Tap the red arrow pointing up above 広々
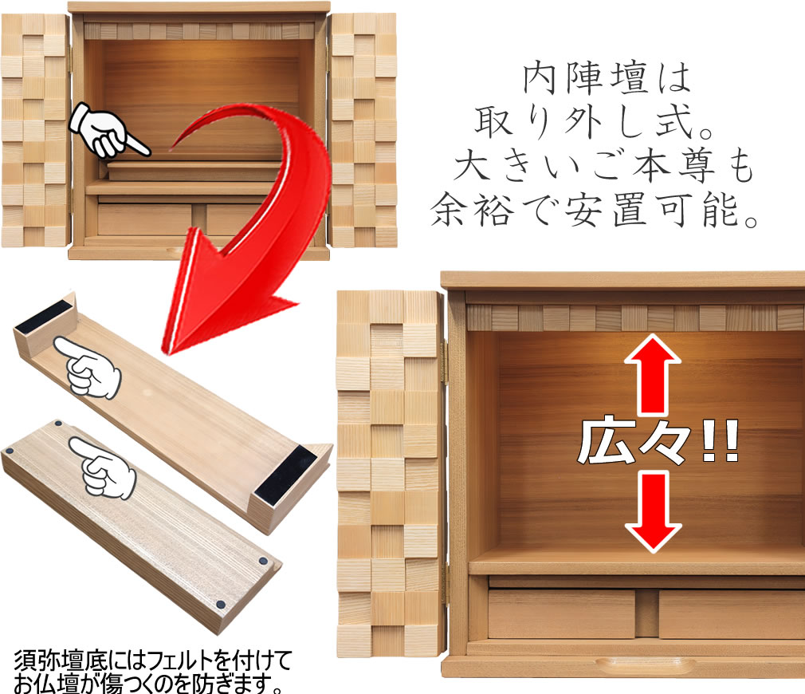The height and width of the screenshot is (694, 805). tap(653, 374)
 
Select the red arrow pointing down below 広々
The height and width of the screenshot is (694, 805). tap(653, 513)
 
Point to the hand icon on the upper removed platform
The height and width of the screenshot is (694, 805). tap(88, 366)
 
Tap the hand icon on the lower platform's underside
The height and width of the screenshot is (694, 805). tap(103, 467)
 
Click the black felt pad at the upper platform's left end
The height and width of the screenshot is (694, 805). tap(44, 316)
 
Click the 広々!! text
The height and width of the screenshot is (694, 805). tap(658, 443)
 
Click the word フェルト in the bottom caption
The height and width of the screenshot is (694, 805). tap(179, 660)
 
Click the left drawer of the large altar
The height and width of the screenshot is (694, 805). tap(561, 614)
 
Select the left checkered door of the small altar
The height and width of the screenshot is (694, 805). tap(36, 131)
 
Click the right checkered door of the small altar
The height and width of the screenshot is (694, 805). tap(363, 131)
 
